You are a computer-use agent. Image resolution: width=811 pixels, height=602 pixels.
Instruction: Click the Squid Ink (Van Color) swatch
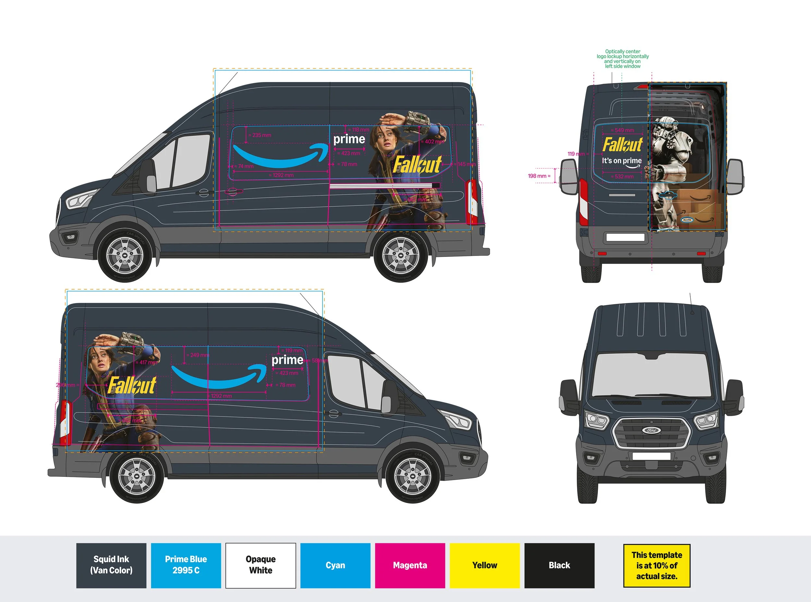111,565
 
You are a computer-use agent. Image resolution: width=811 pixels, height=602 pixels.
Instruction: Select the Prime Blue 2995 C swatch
186,565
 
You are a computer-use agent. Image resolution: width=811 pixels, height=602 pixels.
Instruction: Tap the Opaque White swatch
260,565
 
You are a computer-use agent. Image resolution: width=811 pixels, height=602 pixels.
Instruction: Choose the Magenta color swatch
410,565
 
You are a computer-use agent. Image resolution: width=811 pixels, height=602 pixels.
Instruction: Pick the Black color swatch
560,565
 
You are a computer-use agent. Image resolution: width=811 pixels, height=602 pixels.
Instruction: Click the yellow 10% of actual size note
657,566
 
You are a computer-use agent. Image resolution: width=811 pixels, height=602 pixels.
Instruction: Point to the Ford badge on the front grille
651,430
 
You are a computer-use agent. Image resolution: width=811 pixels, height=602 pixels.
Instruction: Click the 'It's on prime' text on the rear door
622,161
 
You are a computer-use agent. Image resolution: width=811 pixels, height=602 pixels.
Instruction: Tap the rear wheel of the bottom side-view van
137,476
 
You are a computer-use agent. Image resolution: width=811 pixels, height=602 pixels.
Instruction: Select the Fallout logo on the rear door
622,144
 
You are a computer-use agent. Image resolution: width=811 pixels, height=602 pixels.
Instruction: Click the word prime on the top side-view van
349,139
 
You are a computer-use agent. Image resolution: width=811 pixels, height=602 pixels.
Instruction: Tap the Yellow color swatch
485,565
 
